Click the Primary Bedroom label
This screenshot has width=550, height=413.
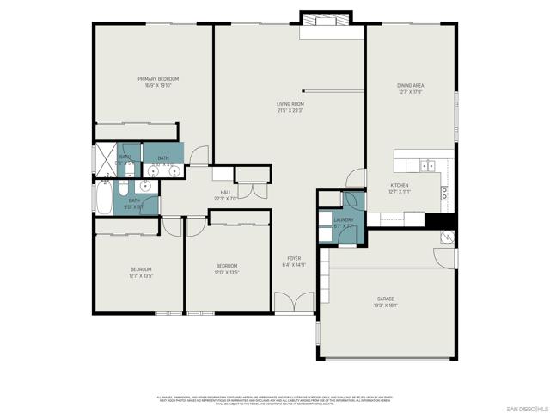pos(150,79)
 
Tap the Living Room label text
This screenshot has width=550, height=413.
pos(290,104)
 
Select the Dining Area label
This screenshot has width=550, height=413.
pos(410,86)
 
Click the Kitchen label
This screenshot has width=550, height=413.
pos(400,185)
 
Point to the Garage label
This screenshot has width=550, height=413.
pos(384,299)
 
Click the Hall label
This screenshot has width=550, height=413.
pos(226,193)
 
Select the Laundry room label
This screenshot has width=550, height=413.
pos(343,220)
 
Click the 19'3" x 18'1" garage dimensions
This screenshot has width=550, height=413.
pos(384,305)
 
